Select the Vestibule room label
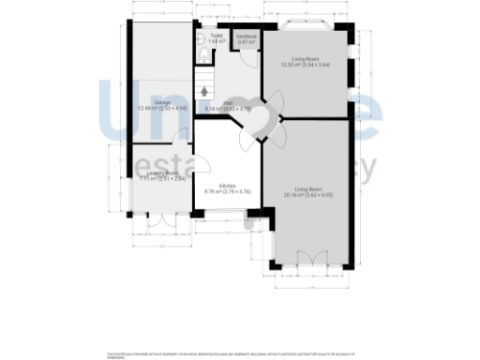pos(247,37)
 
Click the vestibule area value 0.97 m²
pos(247,42)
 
